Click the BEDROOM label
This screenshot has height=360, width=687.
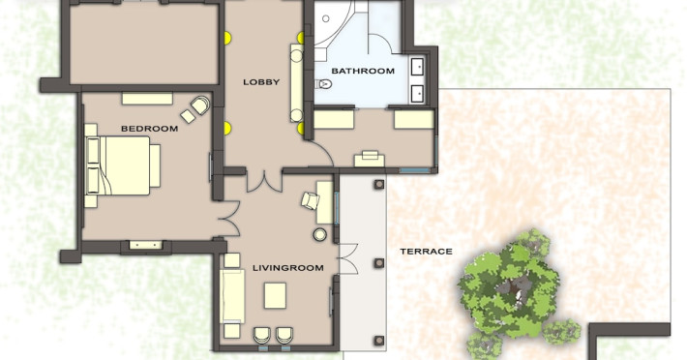tap(149, 129)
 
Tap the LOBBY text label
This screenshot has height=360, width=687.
tap(261, 82)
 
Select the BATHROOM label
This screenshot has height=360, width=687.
tap(363, 71)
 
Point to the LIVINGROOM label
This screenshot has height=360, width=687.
tap(287, 268)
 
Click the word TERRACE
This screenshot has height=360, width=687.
tap(426, 252)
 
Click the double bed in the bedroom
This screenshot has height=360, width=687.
tap(123, 165)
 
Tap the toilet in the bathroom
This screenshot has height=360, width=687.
tap(323, 83)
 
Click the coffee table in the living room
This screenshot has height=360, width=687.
tap(275, 295)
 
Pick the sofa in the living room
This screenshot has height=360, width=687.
tap(232, 295)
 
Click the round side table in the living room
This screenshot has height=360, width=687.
tap(320, 235)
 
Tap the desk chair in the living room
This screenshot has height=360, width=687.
tap(311, 200)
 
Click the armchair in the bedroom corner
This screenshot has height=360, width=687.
tap(199, 105)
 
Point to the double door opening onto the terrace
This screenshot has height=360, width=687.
tap(348, 258)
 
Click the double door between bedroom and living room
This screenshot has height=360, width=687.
tap(229, 219)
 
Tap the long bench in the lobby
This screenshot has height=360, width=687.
tap(297, 83)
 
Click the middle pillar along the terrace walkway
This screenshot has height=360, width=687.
tap(379, 263)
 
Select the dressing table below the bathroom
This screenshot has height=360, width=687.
tap(370, 159)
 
